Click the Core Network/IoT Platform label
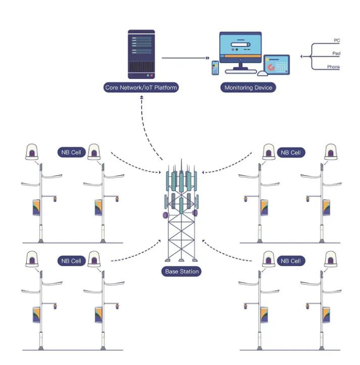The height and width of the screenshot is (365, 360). (141, 88)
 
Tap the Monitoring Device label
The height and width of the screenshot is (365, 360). (248, 88)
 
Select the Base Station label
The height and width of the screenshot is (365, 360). (182, 272)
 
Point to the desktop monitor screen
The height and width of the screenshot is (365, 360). (239, 47)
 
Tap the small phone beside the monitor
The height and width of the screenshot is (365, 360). (215, 68)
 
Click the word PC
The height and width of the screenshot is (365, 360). (337, 41)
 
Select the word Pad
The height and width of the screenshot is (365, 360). (336, 54)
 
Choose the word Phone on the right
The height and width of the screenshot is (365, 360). (333, 67)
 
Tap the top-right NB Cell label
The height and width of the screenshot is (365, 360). (291, 153)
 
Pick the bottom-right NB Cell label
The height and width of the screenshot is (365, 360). (291, 261)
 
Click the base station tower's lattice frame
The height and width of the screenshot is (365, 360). (182, 237)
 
